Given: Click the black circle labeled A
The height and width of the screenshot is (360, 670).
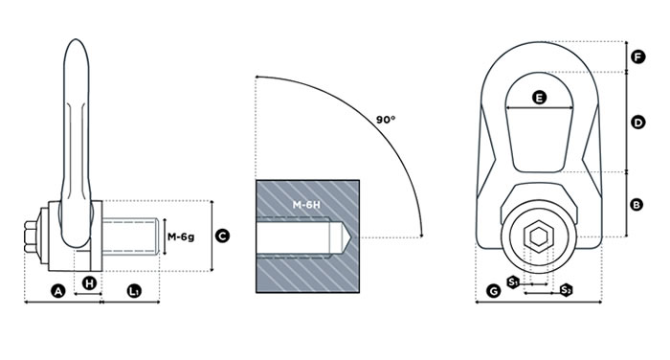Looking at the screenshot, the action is coord(57,292).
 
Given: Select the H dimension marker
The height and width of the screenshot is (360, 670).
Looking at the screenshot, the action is coord(89,283).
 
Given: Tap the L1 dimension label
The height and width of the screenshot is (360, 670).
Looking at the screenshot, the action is coord(134,292).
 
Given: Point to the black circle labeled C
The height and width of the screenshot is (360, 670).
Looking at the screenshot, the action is coord(222,236).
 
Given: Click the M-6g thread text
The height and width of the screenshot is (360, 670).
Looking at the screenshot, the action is coord(181,236).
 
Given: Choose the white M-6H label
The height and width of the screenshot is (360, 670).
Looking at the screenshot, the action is coord(306,205).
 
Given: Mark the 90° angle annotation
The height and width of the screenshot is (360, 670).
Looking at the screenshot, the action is coord(386,120).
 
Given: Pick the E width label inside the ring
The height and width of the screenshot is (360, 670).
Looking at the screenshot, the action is coord(540,98).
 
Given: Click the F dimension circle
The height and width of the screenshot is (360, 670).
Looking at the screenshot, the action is coord(638,56).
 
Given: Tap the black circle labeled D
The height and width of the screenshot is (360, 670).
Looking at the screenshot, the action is coord(638,123).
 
